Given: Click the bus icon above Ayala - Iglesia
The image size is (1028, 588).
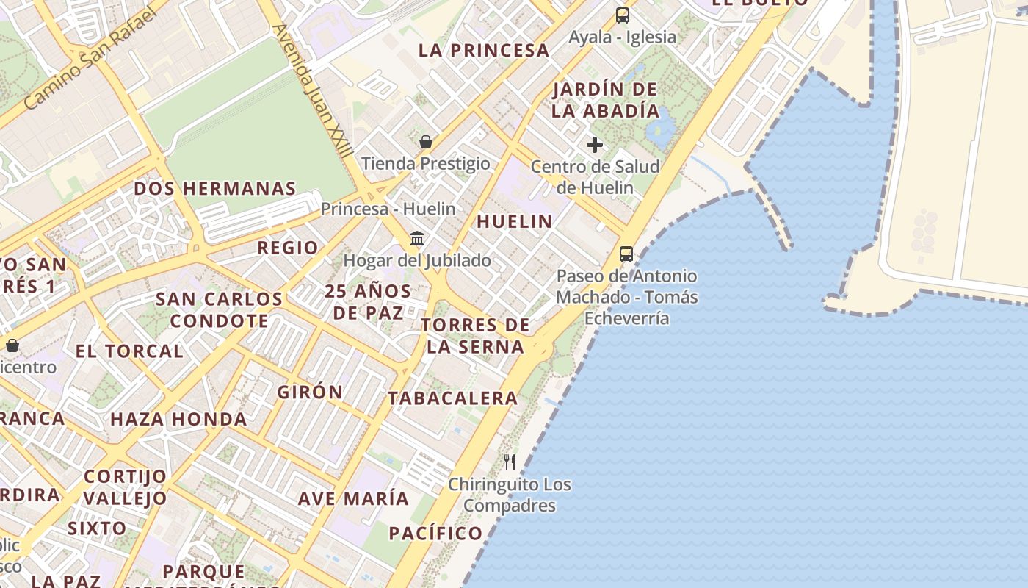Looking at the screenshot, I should tap(623, 15).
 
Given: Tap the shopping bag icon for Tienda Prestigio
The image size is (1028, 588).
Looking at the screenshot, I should tap(425, 142).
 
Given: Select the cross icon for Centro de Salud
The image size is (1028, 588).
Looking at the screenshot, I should tap(595, 145).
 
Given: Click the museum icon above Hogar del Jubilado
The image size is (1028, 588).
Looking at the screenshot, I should tap(418, 238).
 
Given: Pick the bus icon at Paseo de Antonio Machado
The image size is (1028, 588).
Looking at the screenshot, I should tap(626, 254).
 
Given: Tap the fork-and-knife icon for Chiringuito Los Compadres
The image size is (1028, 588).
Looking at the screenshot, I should tap(510, 462).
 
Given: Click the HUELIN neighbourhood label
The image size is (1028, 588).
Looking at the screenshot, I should tap(514, 221).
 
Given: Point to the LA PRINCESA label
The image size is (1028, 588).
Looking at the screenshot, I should tap(484, 51).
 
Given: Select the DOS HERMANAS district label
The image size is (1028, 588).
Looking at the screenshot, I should tap(214, 189).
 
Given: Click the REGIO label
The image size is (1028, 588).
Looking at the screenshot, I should tap(288, 248).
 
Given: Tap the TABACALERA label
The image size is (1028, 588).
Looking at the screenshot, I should tap(453, 398).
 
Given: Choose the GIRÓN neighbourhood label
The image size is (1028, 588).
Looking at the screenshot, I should tap(310, 392).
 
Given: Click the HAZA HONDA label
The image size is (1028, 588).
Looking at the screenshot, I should tap(178, 420).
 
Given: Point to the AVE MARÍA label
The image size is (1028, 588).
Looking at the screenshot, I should tap(353, 498).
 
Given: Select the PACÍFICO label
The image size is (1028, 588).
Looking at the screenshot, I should tap(435, 534).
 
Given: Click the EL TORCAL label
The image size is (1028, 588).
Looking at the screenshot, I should tap(129, 351).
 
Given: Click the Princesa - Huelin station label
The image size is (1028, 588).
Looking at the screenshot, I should tap(388, 209).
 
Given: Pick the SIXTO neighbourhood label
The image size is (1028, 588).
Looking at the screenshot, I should tap(97, 528).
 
